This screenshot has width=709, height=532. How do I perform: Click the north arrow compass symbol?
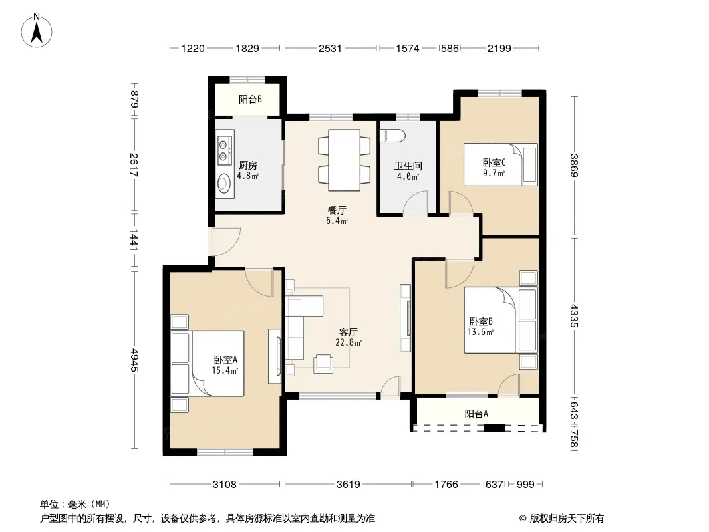click(37, 31)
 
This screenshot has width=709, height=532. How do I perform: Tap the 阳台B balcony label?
click(250, 99)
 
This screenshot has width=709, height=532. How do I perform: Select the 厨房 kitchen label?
click(248, 166)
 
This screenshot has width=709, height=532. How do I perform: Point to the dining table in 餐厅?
click(344, 160)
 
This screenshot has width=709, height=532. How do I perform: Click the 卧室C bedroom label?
click(494, 162)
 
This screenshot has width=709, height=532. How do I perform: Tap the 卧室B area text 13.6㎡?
click(480, 332)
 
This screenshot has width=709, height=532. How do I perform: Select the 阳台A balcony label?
click(476, 414)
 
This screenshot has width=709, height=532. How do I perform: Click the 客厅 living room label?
click(348, 332)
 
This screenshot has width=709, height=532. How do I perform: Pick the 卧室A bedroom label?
click(225, 360)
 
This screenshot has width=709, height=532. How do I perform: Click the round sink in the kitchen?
click(224, 184)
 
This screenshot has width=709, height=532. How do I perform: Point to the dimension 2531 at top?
click(330, 48)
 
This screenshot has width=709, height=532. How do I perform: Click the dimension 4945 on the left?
click(134, 360)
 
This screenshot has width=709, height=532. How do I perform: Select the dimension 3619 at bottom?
click(348, 485)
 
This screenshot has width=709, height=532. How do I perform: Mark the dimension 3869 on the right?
click(573, 166)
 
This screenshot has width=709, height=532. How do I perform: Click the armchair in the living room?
click(323, 364)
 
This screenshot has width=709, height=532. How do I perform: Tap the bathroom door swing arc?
click(414, 202)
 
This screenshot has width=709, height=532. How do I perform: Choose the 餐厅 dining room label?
click(337, 210)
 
